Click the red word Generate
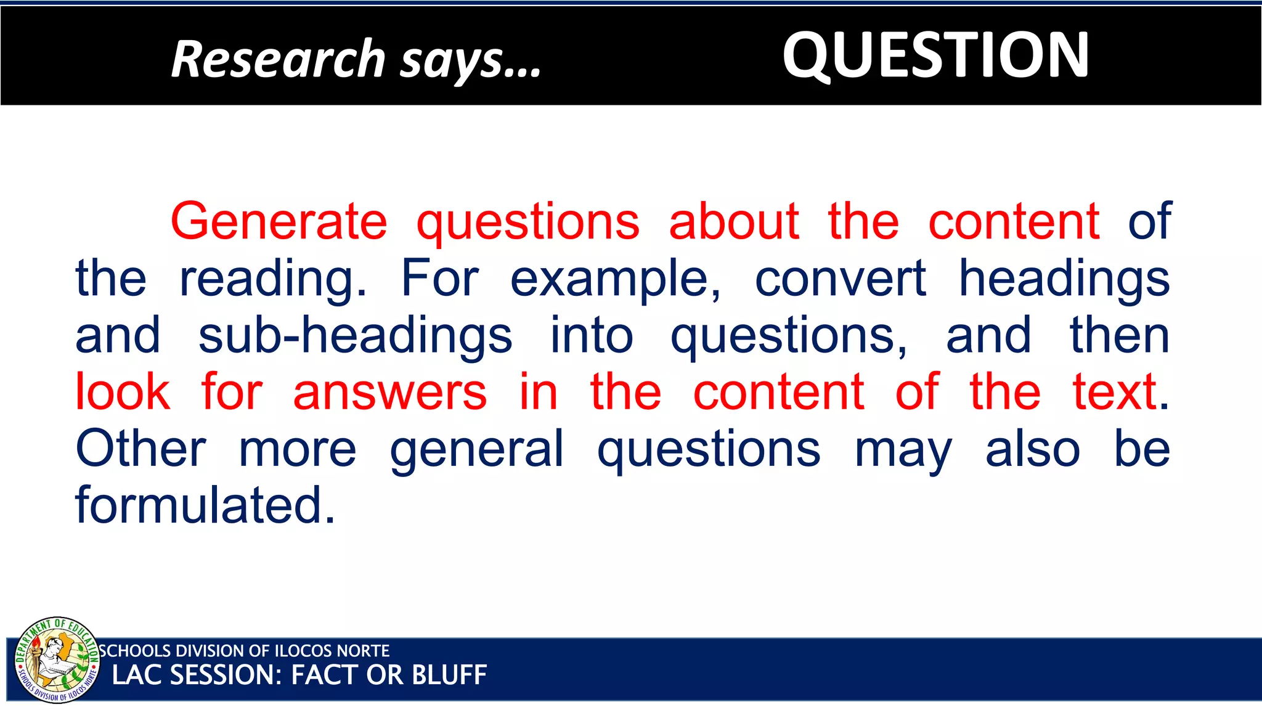coord(279,222)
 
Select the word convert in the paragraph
coord(840,279)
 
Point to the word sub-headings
coord(355,337)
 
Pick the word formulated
coord(205,505)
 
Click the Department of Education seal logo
coord(57,659)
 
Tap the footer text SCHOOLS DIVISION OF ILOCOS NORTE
coord(245,651)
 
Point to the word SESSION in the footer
coord(226,675)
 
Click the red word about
coord(734,222)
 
